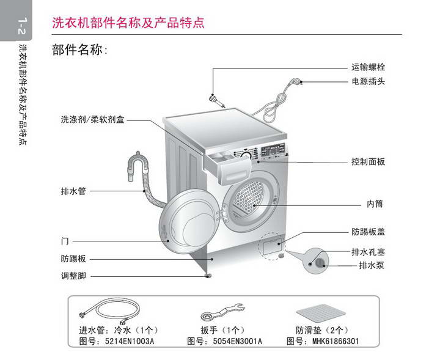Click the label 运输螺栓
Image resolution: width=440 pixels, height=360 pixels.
pyautogui.click(x=368, y=67)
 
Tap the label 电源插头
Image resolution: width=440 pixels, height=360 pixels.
pyautogui.click(x=368, y=81)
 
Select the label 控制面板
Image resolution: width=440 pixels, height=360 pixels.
pyautogui.click(x=368, y=162)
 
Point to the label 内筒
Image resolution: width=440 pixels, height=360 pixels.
pyautogui.click(x=375, y=204)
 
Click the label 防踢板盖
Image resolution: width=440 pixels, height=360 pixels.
pyautogui.click(x=368, y=232)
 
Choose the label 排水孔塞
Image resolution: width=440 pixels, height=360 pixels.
pyautogui.click(x=368, y=252)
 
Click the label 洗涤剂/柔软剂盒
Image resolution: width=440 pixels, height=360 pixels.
pyautogui.click(x=92, y=120)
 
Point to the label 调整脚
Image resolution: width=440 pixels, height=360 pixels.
pyautogui.click(x=73, y=276)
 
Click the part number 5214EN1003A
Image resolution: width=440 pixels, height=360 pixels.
pyautogui.click(x=129, y=341)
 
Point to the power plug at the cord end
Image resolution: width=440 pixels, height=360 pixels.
pyautogui.click(x=298, y=81)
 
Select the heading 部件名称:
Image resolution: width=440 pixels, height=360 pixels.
pyautogui.click(x=80, y=50)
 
